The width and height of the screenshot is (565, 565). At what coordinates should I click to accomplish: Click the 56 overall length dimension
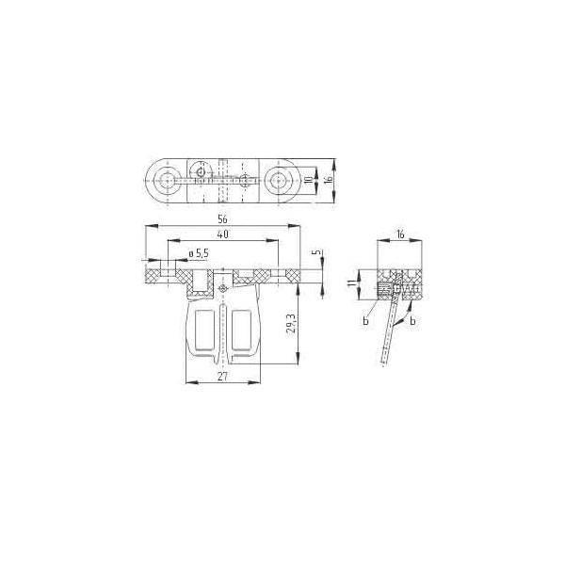tap(222, 218)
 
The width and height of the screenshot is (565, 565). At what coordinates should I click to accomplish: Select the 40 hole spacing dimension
tap(223, 234)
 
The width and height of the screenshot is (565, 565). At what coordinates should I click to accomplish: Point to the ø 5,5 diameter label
tap(199, 253)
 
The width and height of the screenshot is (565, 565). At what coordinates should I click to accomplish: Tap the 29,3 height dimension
tap(291, 325)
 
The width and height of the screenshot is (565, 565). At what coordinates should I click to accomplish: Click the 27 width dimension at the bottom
tap(222, 376)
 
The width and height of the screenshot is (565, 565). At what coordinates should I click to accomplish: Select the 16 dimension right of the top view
tap(328, 179)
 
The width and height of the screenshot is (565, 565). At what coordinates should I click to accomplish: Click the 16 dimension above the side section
tap(400, 234)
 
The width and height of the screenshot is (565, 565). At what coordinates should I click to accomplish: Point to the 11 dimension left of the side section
tap(350, 283)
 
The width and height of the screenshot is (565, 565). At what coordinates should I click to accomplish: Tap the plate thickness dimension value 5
tap(316, 251)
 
